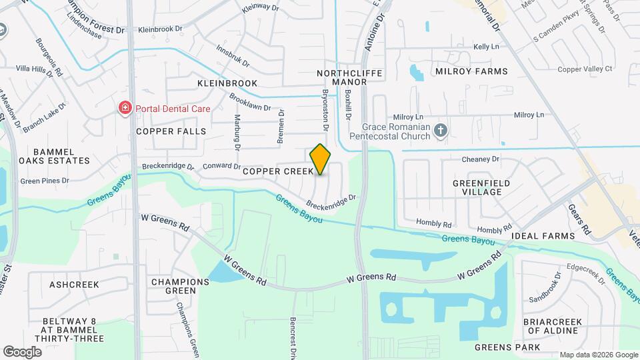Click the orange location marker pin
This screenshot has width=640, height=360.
coord(321,159)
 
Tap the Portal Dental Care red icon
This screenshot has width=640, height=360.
coord(125,109)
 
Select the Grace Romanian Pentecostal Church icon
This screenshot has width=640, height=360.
coord(440,131)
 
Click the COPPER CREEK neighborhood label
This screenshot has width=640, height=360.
coord(278,171)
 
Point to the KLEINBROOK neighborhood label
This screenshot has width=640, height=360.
coord(227,83)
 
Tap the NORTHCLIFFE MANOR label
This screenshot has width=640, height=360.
coord(342,77)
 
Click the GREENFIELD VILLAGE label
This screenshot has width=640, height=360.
coord(481,187)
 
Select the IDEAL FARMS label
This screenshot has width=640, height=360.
coord(543,236)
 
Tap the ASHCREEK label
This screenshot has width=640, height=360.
coord(74,285)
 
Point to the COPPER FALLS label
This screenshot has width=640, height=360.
coord(171,131)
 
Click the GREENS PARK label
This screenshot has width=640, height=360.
coord(507,347)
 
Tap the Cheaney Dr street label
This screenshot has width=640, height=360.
coord(480,159)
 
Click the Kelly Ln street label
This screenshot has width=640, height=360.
coord(486,47)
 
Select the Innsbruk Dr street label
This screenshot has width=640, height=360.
coord(233,55)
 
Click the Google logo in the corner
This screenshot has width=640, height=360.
coord(22,351)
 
